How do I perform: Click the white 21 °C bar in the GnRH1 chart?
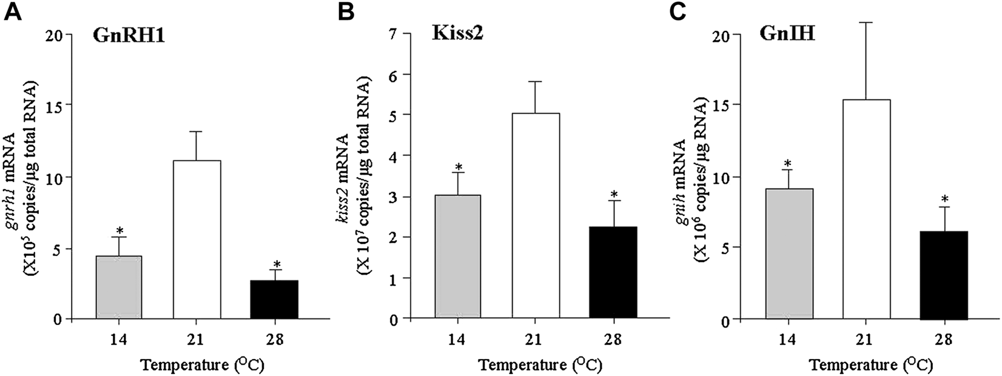[197, 240]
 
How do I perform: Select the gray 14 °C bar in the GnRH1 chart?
[119, 287]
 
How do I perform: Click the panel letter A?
[13, 12]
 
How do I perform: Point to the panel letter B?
[346, 12]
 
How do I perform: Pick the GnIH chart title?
[787, 35]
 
